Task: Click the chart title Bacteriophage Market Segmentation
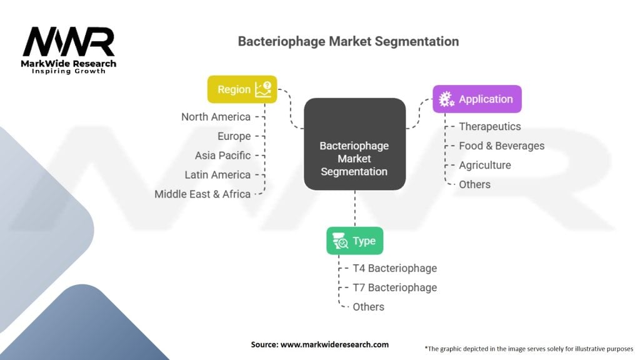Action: [348, 42]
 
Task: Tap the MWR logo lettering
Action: [69, 43]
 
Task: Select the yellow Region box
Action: [242, 89]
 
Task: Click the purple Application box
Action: [477, 99]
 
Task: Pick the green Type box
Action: [354, 241]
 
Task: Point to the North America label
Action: [216, 117]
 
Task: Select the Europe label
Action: [234, 136]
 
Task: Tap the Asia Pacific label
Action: [222, 156]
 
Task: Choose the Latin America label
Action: [217, 175]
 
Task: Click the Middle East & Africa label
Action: [202, 194]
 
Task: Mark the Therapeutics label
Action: [489, 126]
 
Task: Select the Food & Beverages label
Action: [501, 146]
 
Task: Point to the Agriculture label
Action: [484, 165]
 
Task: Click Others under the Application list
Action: [474, 184]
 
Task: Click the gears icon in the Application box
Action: [446, 99]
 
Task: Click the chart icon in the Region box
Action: [263, 89]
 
